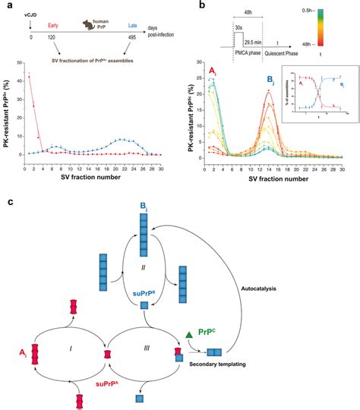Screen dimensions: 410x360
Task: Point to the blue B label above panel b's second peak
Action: point(289,74)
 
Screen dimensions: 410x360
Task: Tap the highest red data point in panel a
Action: point(29,75)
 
